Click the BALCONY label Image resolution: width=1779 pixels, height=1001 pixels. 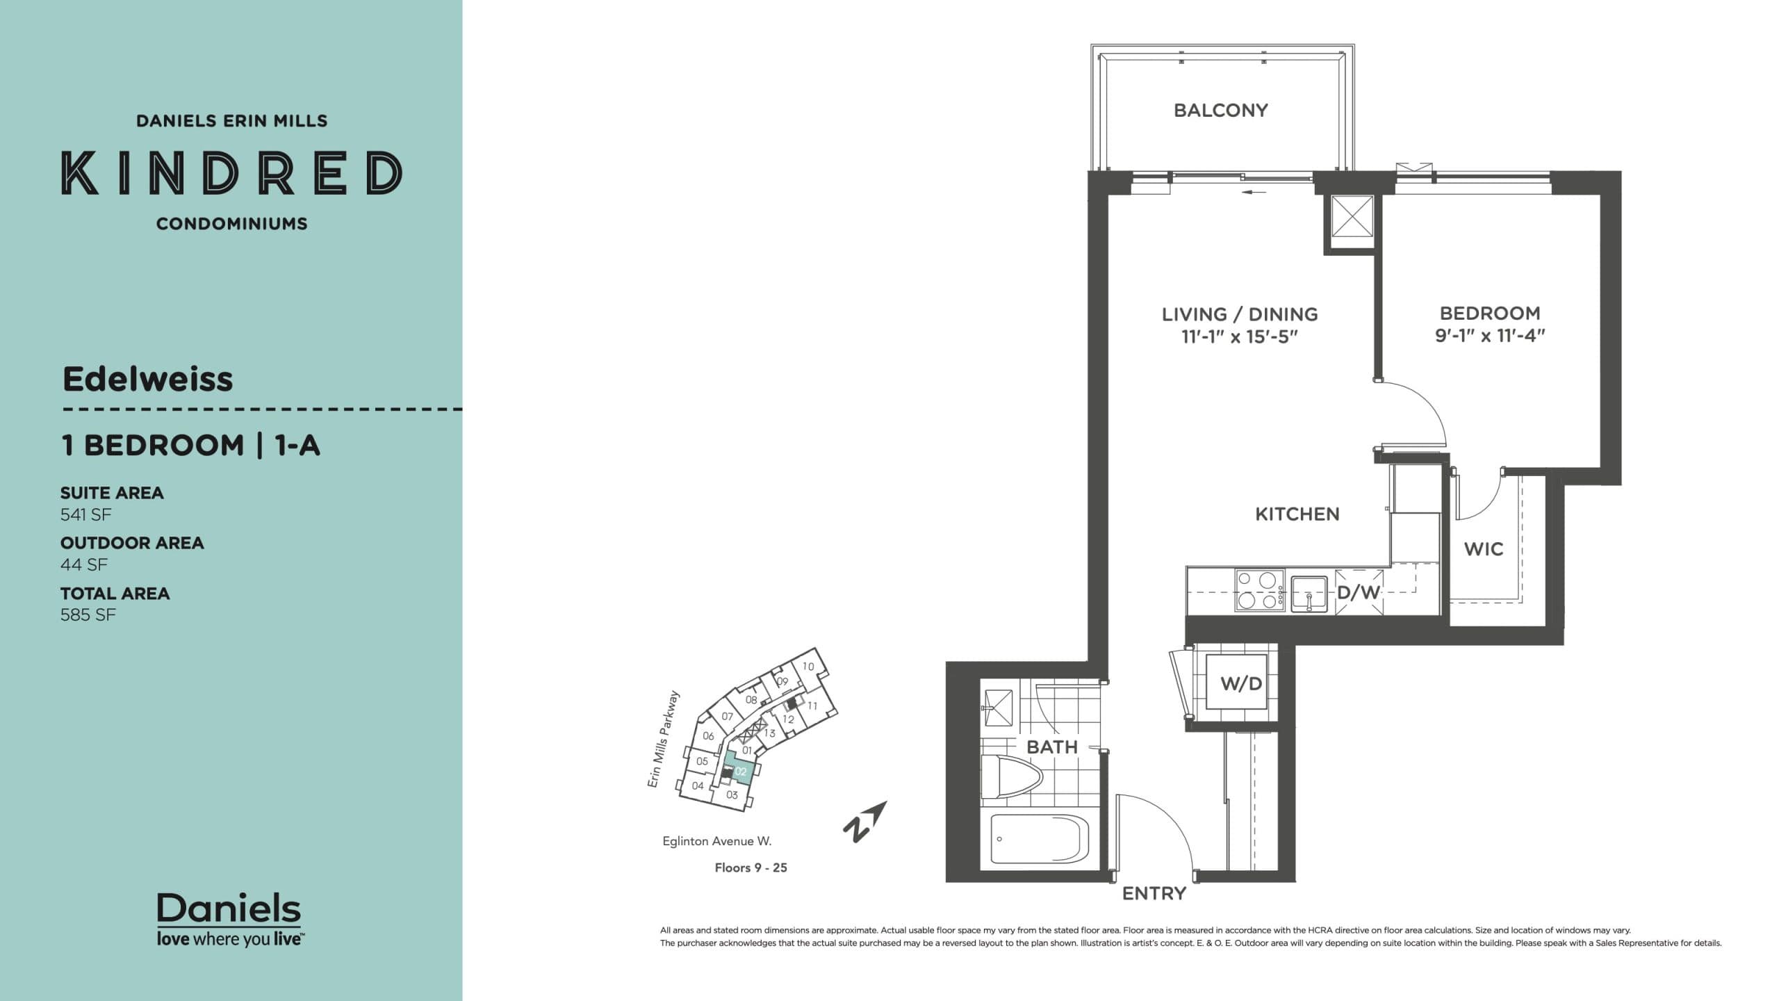[x=1220, y=111]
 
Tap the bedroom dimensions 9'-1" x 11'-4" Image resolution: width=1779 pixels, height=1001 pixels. [x=1490, y=336]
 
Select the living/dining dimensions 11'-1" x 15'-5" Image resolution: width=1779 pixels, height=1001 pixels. [x=1240, y=337]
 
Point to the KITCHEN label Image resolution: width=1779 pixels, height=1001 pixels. [x=1297, y=514]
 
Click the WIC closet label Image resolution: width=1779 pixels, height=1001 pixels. [x=1484, y=549]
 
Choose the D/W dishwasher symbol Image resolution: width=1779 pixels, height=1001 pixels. [x=1359, y=592]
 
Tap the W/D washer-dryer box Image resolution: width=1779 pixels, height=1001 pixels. [x=1241, y=684]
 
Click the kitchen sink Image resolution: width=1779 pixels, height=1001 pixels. [x=1309, y=594]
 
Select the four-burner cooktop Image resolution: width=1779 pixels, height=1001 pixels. [x=1259, y=590]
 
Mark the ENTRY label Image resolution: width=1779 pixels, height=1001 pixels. [x=1154, y=893]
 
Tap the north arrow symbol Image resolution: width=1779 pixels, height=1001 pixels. [x=864, y=822]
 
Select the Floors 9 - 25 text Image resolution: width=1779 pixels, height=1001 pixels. [x=751, y=868]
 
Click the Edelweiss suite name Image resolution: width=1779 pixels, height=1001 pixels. [x=148, y=380]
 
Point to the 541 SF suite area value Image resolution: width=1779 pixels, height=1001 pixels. [x=85, y=514]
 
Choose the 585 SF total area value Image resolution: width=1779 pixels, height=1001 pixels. [x=88, y=615]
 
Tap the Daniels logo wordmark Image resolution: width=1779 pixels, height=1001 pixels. [x=229, y=909]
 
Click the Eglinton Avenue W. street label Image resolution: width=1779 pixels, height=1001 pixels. [x=716, y=841]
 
